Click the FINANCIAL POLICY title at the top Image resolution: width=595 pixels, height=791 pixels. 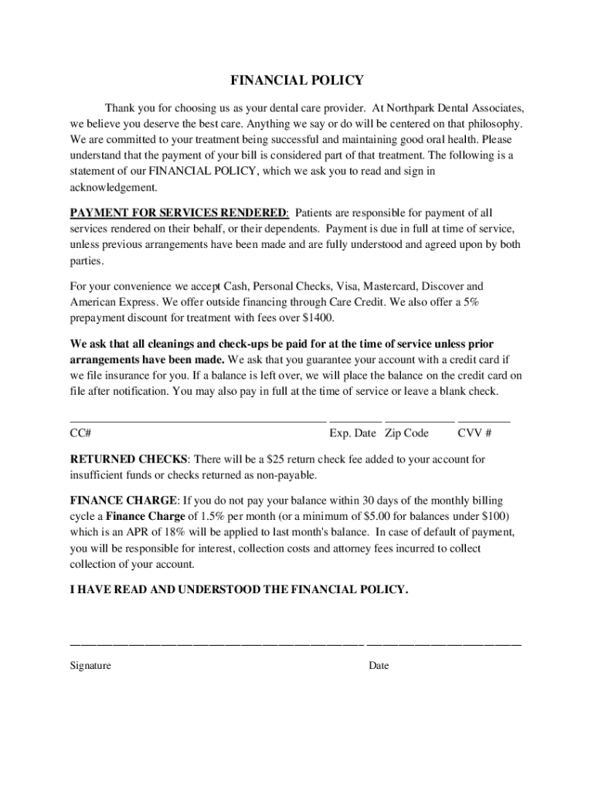pyautogui.click(x=297, y=80)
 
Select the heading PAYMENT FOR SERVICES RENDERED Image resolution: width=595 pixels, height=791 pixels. pyautogui.click(x=178, y=212)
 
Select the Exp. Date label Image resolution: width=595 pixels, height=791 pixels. pyautogui.click(x=352, y=433)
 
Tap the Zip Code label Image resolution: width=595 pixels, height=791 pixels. pyautogui.click(x=406, y=433)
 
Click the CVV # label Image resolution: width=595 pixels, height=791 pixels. pyautogui.click(x=474, y=433)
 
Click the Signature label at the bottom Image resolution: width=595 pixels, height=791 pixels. pyautogui.click(x=90, y=666)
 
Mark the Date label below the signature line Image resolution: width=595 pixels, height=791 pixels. pyautogui.click(x=379, y=666)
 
